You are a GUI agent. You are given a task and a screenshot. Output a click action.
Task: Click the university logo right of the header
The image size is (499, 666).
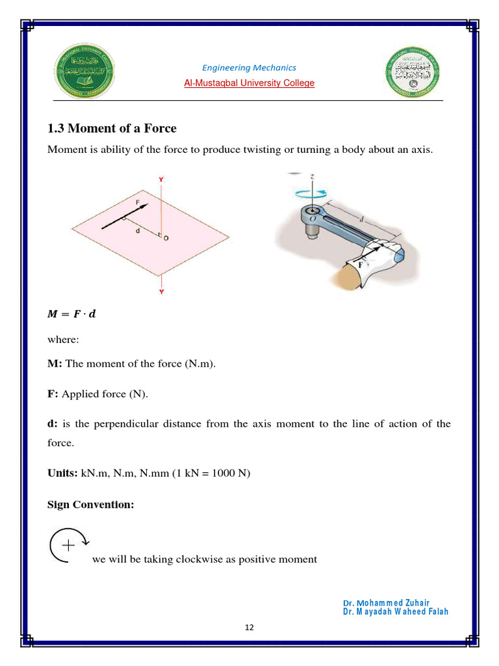pos(413,72)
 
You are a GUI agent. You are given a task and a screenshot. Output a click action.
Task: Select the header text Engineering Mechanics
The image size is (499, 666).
pos(249,68)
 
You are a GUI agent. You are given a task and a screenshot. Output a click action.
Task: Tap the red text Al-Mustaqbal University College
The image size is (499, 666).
pos(249,83)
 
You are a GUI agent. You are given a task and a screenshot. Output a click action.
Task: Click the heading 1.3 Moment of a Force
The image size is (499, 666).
pos(112,128)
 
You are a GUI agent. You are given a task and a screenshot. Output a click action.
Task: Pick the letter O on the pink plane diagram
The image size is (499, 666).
pos(166,239)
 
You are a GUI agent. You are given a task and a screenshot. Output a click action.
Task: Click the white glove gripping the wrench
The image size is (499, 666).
pos(374,260)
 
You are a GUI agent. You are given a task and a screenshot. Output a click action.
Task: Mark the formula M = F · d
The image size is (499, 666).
pos(71,314)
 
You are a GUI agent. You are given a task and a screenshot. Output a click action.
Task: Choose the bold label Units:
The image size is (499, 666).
pos(63,473)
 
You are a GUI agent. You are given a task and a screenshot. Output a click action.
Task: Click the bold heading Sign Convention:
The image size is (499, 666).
pos(91,505)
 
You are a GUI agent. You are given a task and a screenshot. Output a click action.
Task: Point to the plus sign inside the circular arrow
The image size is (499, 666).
pos(68,544)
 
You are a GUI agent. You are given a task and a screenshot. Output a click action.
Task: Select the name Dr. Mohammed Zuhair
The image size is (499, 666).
pos(389,603)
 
